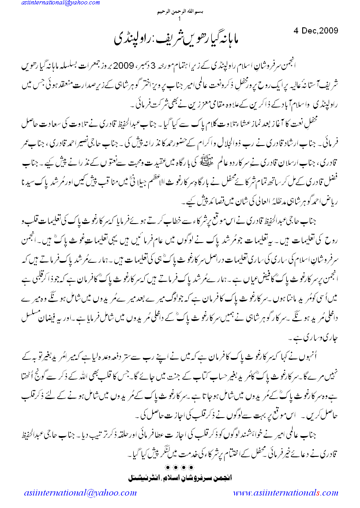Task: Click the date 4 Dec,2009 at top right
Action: tap(315, 31)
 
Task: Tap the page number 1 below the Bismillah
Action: tap(180, 19)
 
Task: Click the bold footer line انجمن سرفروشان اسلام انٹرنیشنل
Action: tap(180, 476)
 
